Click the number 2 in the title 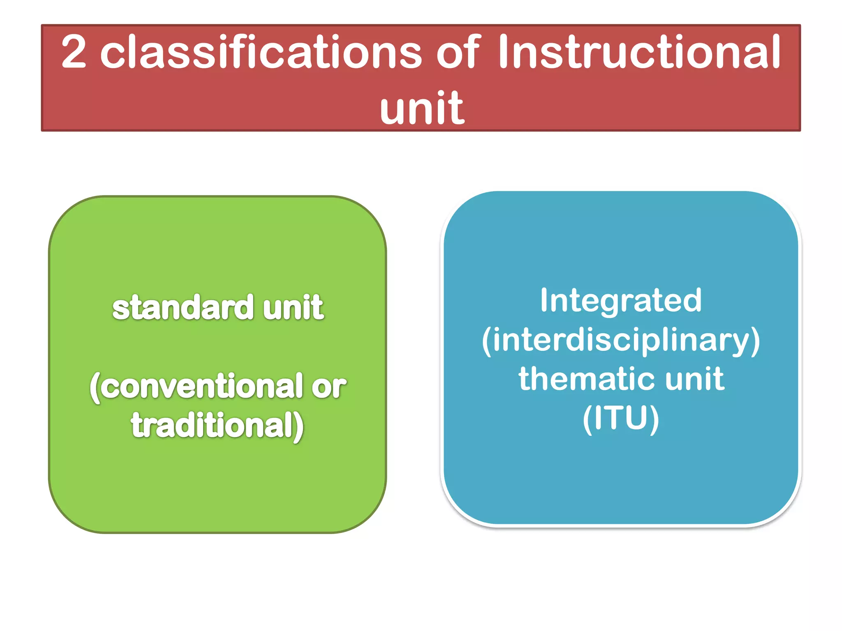click(x=74, y=53)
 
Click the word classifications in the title click(x=261, y=53)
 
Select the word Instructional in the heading click(x=639, y=53)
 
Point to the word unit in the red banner click(x=422, y=108)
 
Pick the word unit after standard click(x=293, y=308)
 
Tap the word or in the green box click(x=328, y=387)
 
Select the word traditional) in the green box click(x=217, y=426)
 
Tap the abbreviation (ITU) click(x=620, y=418)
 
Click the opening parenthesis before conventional click(x=95, y=388)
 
